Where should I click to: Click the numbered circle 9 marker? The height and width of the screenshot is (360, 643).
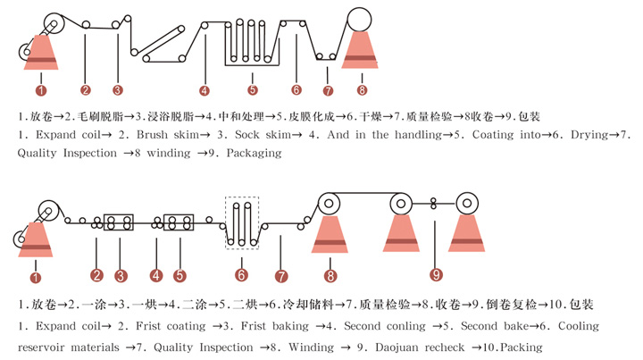click(x=436, y=274)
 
